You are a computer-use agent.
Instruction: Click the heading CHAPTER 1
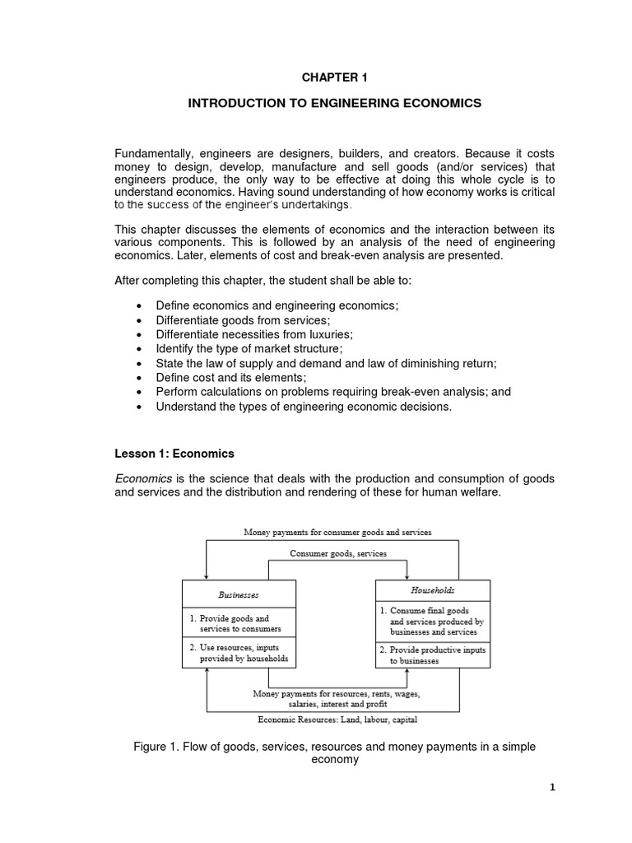pyautogui.click(x=334, y=78)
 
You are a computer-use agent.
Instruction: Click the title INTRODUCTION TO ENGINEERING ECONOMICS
pyautogui.click(x=334, y=104)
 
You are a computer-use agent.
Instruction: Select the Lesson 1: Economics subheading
pyautogui.click(x=174, y=454)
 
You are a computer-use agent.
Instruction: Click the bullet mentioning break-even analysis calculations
pyautogui.click(x=332, y=392)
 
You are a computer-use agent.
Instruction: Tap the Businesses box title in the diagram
pyautogui.click(x=239, y=594)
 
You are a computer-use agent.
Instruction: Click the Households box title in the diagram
pyautogui.click(x=432, y=590)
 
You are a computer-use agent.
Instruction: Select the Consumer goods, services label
pyautogui.click(x=338, y=554)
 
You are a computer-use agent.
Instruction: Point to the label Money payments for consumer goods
pyautogui.click(x=337, y=533)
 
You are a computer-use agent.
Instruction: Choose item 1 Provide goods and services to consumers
pyautogui.click(x=235, y=623)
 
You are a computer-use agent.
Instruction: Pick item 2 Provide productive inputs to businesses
pyautogui.click(x=432, y=655)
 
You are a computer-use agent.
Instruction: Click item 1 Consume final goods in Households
pyautogui.click(x=432, y=622)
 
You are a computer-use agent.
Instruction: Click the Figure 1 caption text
pyautogui.click(x=334, y=753)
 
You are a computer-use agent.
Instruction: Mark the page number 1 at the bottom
pyautogui.click(x=553, y=787)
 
